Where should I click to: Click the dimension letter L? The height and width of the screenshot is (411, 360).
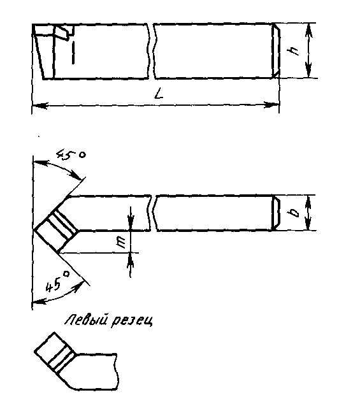[159, 94]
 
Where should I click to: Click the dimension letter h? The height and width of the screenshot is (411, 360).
[294, 51]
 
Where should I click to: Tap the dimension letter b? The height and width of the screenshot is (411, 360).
[294, 213]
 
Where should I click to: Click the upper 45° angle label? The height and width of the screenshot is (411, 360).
[71, 155]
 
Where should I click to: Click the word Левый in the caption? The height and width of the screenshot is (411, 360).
[86, 321]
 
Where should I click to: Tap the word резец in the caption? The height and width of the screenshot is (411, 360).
[131, 321]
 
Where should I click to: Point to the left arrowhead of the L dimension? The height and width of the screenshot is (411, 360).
[40, 106]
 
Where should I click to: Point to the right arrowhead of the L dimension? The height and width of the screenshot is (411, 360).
[271, 105]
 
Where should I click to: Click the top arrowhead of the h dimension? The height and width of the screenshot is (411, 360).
[309, 30]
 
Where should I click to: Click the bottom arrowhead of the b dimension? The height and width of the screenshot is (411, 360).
[308, 224]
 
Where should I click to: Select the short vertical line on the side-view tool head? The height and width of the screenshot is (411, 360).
[73, 52]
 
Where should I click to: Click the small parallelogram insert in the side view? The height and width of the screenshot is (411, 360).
[63, 32]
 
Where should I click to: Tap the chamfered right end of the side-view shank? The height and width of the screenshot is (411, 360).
[276, 50]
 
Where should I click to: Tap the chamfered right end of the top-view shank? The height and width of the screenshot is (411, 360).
[276, 213]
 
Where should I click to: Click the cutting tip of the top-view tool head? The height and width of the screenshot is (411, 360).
[34, 229]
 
